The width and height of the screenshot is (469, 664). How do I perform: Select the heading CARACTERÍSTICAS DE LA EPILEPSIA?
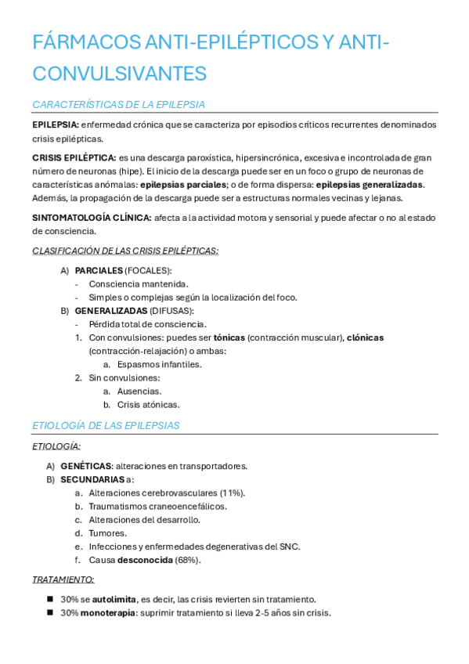[118, 104]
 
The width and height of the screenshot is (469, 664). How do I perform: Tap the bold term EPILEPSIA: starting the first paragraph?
[56, 125]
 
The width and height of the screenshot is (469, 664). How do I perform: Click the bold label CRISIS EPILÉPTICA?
[74, 158]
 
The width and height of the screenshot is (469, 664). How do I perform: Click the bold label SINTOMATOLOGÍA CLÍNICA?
[92, 218]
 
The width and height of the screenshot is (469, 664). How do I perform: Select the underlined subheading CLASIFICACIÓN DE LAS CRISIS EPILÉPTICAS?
[125, 251]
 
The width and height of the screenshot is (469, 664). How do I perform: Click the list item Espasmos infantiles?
[159, 364]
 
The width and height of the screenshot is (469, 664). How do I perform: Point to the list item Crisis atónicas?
[148, 405]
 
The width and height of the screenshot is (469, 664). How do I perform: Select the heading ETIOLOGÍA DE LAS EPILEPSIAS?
[106, 425]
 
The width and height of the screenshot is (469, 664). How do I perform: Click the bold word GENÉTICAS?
[85, 466]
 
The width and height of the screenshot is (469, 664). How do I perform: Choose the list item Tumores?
[108, 533]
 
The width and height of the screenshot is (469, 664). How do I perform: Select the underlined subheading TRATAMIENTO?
[63, 579]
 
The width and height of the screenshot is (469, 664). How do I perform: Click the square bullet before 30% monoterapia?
[50, 613]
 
